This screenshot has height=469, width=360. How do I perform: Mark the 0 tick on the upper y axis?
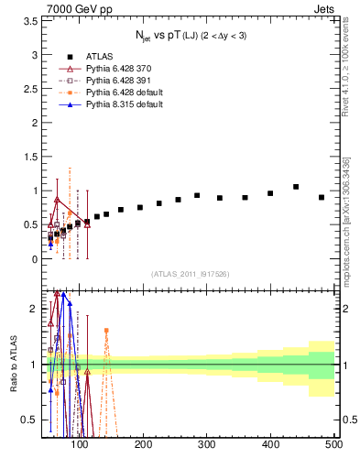35,259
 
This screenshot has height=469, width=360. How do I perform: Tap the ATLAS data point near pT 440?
296,187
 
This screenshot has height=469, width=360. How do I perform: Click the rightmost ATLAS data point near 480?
322,197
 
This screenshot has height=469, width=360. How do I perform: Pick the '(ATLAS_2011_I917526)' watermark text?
190,275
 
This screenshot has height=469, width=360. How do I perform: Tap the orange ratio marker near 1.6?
106,330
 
